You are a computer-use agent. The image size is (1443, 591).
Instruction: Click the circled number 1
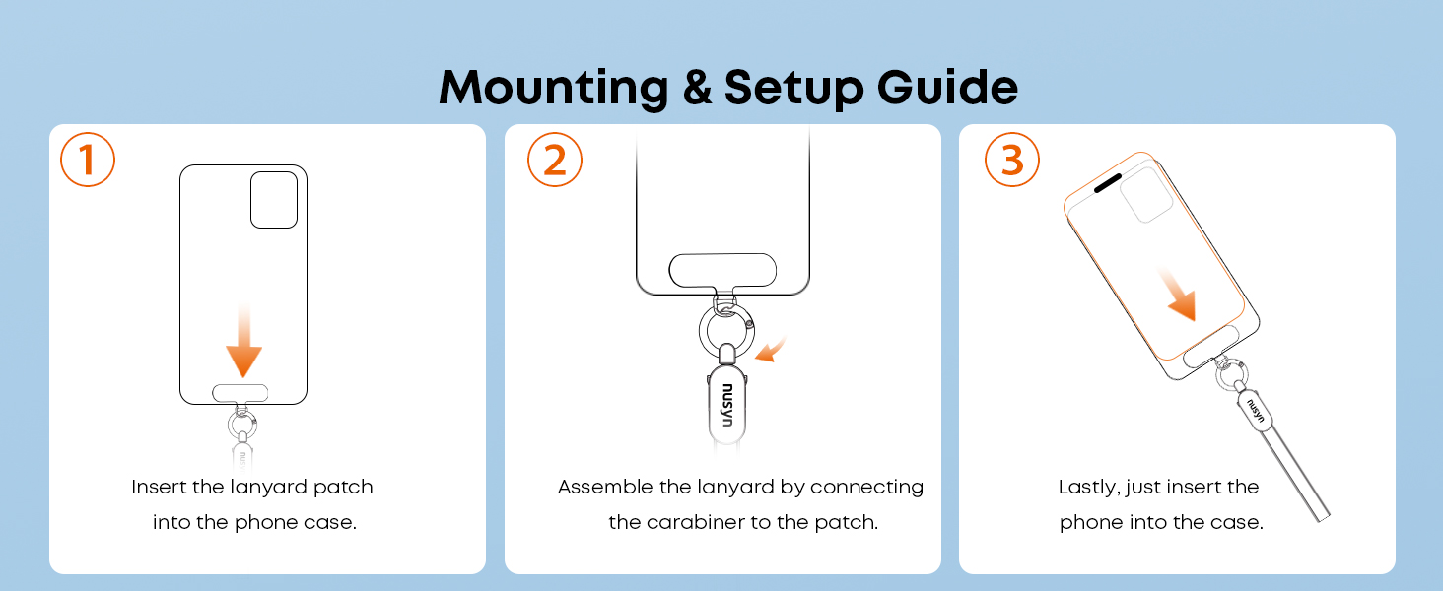[x=88, y=160]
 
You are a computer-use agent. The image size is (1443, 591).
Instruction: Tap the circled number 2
[x=555, y=160]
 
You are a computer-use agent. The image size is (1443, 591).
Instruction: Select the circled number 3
[x=1012, y=160]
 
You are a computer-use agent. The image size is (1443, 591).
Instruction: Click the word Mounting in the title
[x=554, y=88]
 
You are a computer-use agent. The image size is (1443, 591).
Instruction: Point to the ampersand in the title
[x=697, y=87]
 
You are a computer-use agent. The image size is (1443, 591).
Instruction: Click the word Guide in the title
[x=947, y=87]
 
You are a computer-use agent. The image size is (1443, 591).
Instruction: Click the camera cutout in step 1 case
[x=274, y=200]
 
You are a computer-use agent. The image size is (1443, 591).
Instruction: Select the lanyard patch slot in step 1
[x=240, y=393]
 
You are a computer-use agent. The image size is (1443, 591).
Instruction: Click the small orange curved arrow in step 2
[x=771, y=351]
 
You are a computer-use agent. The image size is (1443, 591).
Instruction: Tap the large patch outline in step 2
[x=722, y=271]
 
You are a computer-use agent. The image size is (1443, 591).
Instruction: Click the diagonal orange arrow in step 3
[x=1178, y=295]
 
